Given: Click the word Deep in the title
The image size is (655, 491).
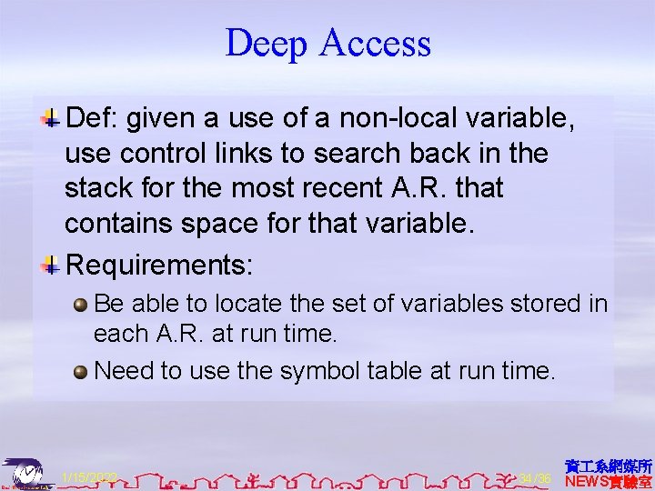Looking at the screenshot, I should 266,44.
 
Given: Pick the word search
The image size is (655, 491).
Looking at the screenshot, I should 365,153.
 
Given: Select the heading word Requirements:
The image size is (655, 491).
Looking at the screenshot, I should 160,266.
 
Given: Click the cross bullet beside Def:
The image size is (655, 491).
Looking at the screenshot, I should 52,118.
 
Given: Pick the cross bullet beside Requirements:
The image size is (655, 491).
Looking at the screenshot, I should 52,266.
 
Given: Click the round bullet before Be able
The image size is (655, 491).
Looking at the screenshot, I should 81,304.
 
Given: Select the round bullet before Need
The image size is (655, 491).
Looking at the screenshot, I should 81,371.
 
